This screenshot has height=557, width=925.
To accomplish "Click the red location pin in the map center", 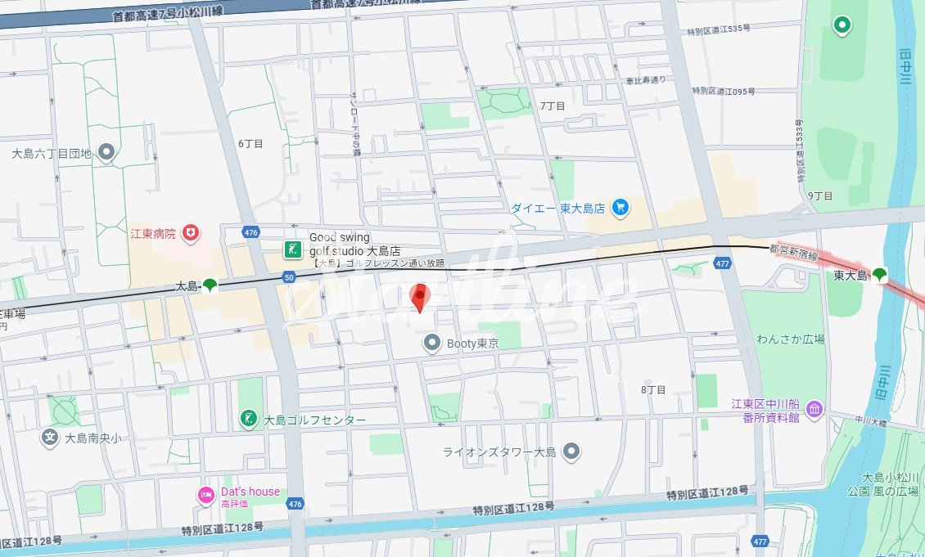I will tap(420, 297).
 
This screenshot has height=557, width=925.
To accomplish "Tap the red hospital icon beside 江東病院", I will tap(191, 233).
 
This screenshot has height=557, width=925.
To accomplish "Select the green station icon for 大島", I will tap(210, 285).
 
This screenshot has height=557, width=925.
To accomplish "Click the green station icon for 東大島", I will tap(879, 275).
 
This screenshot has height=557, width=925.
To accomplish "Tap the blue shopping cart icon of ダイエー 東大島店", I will tap(620, 208).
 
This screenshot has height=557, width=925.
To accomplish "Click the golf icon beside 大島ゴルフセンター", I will tap(248, 420).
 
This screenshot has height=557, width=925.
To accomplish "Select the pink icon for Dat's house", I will tap(205, 494).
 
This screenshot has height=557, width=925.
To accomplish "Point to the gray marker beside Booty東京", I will tap(431, 344).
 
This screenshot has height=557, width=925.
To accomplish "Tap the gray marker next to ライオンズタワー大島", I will tap(571, 451).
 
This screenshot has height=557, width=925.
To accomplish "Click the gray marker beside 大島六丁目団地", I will tap(106, 152).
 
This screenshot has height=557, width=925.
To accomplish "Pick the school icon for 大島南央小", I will tap(51, 438).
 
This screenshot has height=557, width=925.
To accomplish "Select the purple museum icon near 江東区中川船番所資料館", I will tap(814, 409).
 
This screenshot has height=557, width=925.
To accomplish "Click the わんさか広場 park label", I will tap(790, 339).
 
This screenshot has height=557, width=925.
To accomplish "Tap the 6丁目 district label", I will tap(250, 143).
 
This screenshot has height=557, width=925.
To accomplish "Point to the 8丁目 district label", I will tap(653, 389).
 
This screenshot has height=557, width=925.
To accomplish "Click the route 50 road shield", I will tap(288, 278).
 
